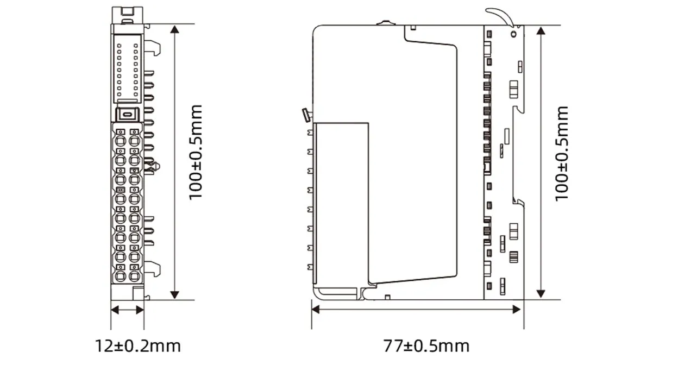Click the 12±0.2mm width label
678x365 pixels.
(138, 345)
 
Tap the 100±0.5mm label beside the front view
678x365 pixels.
(195, 152)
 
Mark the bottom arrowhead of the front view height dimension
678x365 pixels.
(174, 294)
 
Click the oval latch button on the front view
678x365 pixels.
(127, 114)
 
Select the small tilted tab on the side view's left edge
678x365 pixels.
(305, 115)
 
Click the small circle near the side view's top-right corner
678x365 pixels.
(513, 33)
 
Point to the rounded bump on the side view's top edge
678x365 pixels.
(384, 23)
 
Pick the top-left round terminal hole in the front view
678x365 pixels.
(121, 140)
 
